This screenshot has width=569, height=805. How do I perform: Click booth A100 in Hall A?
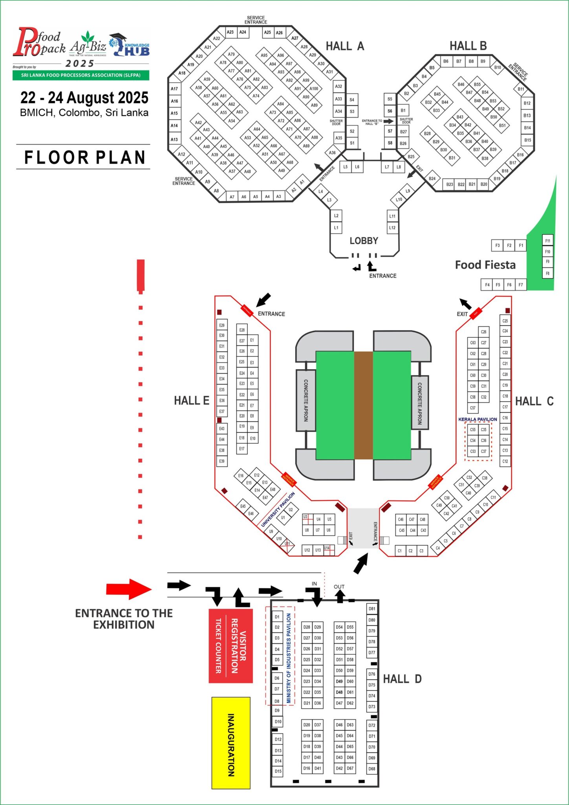313,88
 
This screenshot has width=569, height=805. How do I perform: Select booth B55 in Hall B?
477,85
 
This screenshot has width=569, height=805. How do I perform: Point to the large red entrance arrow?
129,589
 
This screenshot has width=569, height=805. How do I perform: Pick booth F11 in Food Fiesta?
547,241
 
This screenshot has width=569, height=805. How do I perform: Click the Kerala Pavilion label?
478,419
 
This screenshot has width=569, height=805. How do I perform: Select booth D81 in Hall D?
371,609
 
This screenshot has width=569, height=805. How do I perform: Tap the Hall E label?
192,401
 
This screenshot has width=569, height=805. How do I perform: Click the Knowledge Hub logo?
130,45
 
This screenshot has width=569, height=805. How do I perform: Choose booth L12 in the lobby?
392,228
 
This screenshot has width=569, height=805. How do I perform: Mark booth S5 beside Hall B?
390,99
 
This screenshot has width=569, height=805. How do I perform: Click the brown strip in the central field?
363,405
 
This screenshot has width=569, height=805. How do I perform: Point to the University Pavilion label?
278,509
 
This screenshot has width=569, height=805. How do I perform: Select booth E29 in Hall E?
222,325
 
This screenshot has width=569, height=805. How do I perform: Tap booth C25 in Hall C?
505,321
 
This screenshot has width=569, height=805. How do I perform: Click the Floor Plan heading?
85,158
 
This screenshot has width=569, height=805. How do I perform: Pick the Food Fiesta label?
485,265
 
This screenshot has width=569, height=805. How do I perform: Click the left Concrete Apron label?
306,400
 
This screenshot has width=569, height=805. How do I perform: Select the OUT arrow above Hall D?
340,596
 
